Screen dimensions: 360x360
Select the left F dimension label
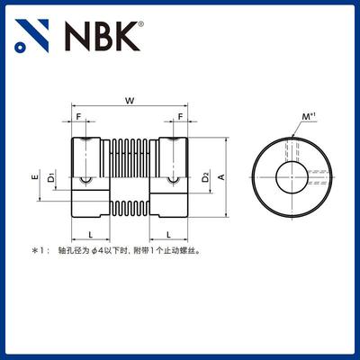79,118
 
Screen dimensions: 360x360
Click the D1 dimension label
51,176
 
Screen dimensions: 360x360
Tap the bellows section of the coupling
131,176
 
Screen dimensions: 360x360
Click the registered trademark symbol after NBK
139,28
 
